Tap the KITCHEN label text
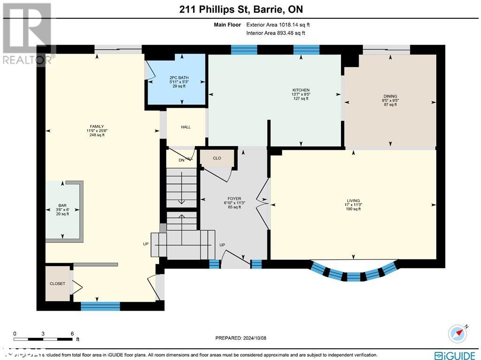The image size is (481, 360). (x=301, y=90)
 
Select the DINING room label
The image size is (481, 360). (x=390, y=96)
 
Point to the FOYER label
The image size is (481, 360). (x=234, y=199)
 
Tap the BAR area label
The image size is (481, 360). (x=62, y=205)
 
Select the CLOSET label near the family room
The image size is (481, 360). (x=57, y=283)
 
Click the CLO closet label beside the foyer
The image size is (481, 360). (x=217, y=158)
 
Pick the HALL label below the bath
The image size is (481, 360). (x=186, y=127)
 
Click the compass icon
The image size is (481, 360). (x=458, y=333)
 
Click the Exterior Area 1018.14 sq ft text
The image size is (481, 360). (x=278, y=25)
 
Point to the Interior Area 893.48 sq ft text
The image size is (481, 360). (x=276, y=33)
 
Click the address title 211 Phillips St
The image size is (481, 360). (x=240, y=9)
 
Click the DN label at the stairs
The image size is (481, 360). (x=181, y=160)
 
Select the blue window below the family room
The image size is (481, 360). (x=100, y=306)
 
